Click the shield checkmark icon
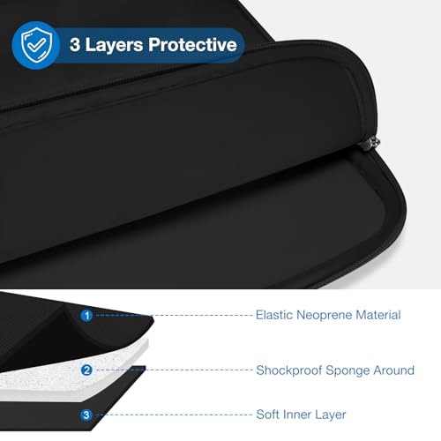(36, 45)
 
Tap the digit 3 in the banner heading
(75, 45)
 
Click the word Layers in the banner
(114, 46)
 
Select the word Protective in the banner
(192, 45)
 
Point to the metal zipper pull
(372, 144)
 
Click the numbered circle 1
(86, 316)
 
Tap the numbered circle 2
(86, 370)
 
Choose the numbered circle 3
(86, 415)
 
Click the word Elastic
(274, 315)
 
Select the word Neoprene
(325, 316)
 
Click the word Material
(378, 315)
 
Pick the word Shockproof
(289, 370)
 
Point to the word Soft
(267, 415)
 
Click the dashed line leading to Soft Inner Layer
(175, 415)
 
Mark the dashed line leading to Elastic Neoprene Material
(175, 315)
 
